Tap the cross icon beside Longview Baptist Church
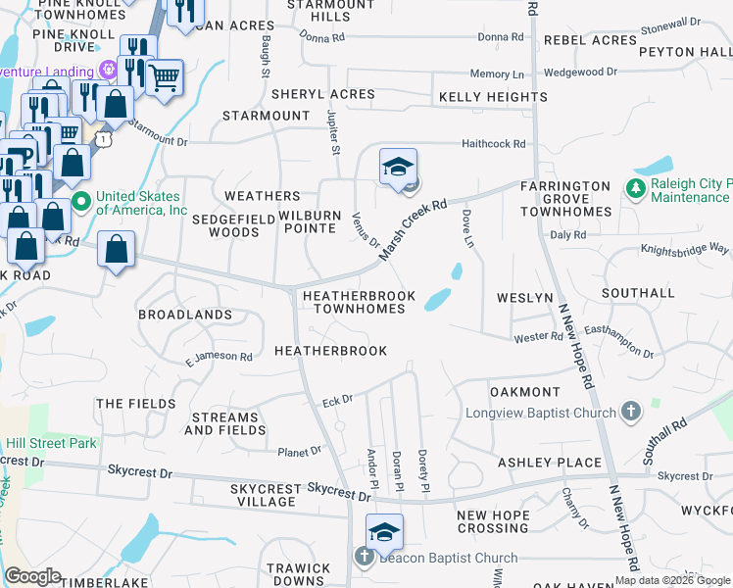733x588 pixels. point(632,412)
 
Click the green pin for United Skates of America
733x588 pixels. point(81,203)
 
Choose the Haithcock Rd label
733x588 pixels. point(494,144)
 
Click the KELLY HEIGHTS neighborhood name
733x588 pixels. point(485,97)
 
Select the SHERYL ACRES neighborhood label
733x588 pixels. point(323,94)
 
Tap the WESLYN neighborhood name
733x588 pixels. point(525,297)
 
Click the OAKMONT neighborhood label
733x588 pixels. point(525,392)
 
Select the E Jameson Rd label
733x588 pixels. point(220,357)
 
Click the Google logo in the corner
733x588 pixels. point(32,576)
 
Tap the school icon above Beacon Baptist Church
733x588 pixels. point(384,531)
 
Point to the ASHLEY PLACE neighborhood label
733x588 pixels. point(550,463)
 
